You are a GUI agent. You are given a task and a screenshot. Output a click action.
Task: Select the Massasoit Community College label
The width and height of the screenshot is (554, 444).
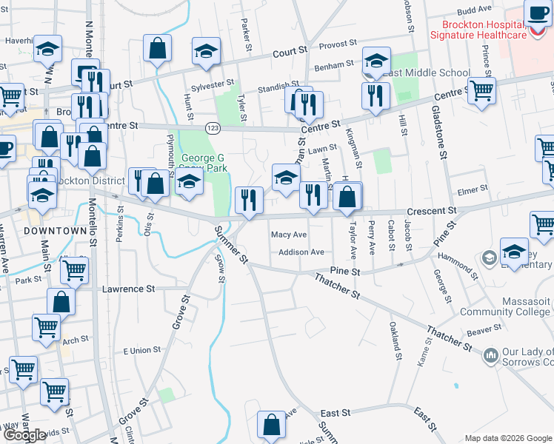coord(505,306)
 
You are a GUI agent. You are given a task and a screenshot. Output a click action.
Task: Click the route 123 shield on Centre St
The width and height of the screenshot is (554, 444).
coord(213,127)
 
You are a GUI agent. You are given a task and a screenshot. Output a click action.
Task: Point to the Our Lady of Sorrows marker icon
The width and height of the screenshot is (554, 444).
coord(490,357)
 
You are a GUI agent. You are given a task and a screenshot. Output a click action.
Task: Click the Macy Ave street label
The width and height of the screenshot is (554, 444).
coord(289,235)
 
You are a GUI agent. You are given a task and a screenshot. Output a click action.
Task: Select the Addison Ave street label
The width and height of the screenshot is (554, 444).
coord(301,252)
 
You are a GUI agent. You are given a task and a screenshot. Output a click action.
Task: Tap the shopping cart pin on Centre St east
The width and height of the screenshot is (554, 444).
coord(482,91)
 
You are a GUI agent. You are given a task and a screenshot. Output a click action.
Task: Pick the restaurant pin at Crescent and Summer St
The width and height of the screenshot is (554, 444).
coord(249,200)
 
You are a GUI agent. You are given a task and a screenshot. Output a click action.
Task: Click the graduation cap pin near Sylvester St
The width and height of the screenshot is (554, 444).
coord(206,51)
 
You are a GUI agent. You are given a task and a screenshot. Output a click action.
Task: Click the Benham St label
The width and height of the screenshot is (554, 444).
coord(334,66)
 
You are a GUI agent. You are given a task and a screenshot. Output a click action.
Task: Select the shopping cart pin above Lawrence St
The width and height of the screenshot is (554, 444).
coord(74,272)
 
